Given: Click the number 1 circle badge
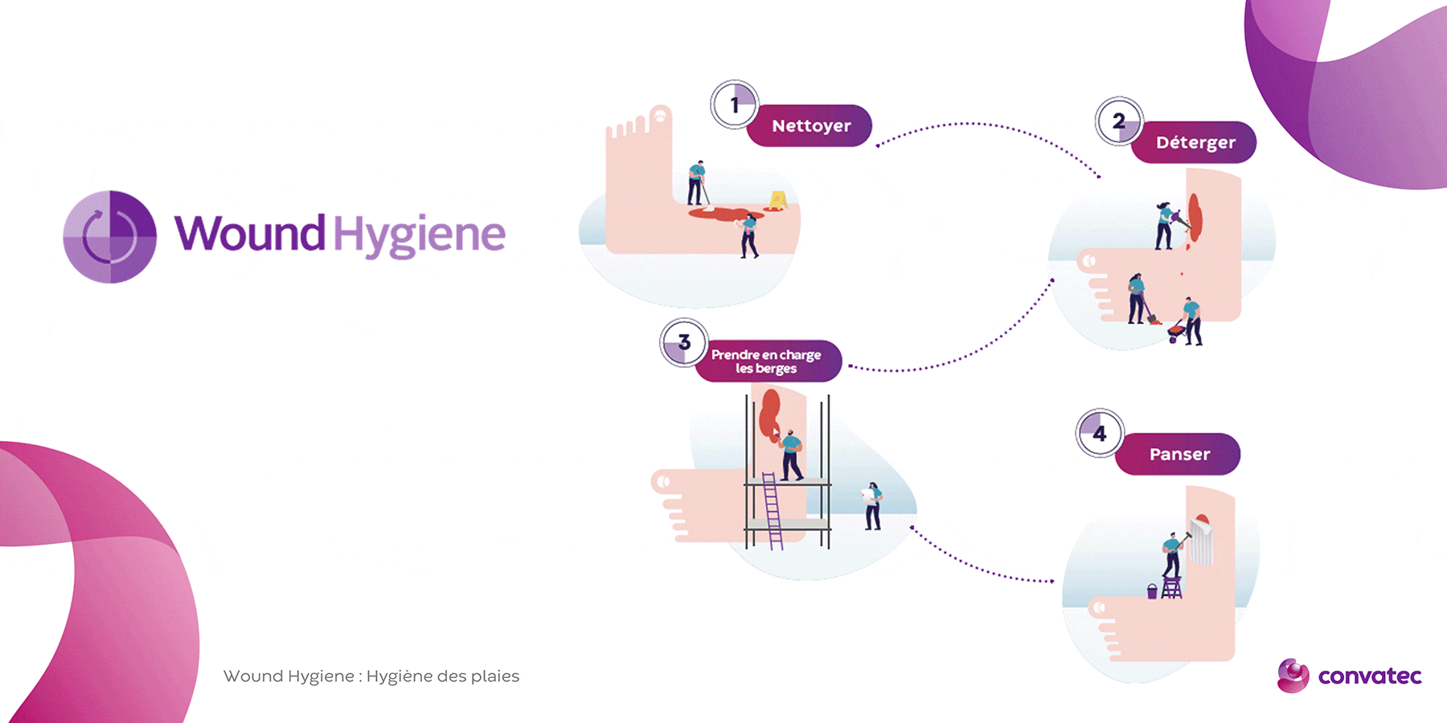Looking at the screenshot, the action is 735,104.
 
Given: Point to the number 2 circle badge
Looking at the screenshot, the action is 1119,121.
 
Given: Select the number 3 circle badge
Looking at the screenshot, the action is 684,342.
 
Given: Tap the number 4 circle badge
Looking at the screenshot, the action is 1100,433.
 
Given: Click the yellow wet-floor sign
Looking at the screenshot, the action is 777,200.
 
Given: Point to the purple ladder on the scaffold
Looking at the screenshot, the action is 772,511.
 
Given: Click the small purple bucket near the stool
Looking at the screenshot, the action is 1152,591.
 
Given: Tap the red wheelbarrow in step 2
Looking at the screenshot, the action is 1177,331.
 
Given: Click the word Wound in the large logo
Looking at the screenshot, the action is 250,234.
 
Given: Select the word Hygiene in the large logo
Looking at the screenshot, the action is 420,236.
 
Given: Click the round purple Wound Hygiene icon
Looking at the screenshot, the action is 110,236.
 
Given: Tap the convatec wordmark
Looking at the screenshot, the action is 1370,676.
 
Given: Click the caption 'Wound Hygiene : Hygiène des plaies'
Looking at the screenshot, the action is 371,676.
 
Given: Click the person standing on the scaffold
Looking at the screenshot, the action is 791,455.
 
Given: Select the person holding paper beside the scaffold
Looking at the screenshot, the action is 872,506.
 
